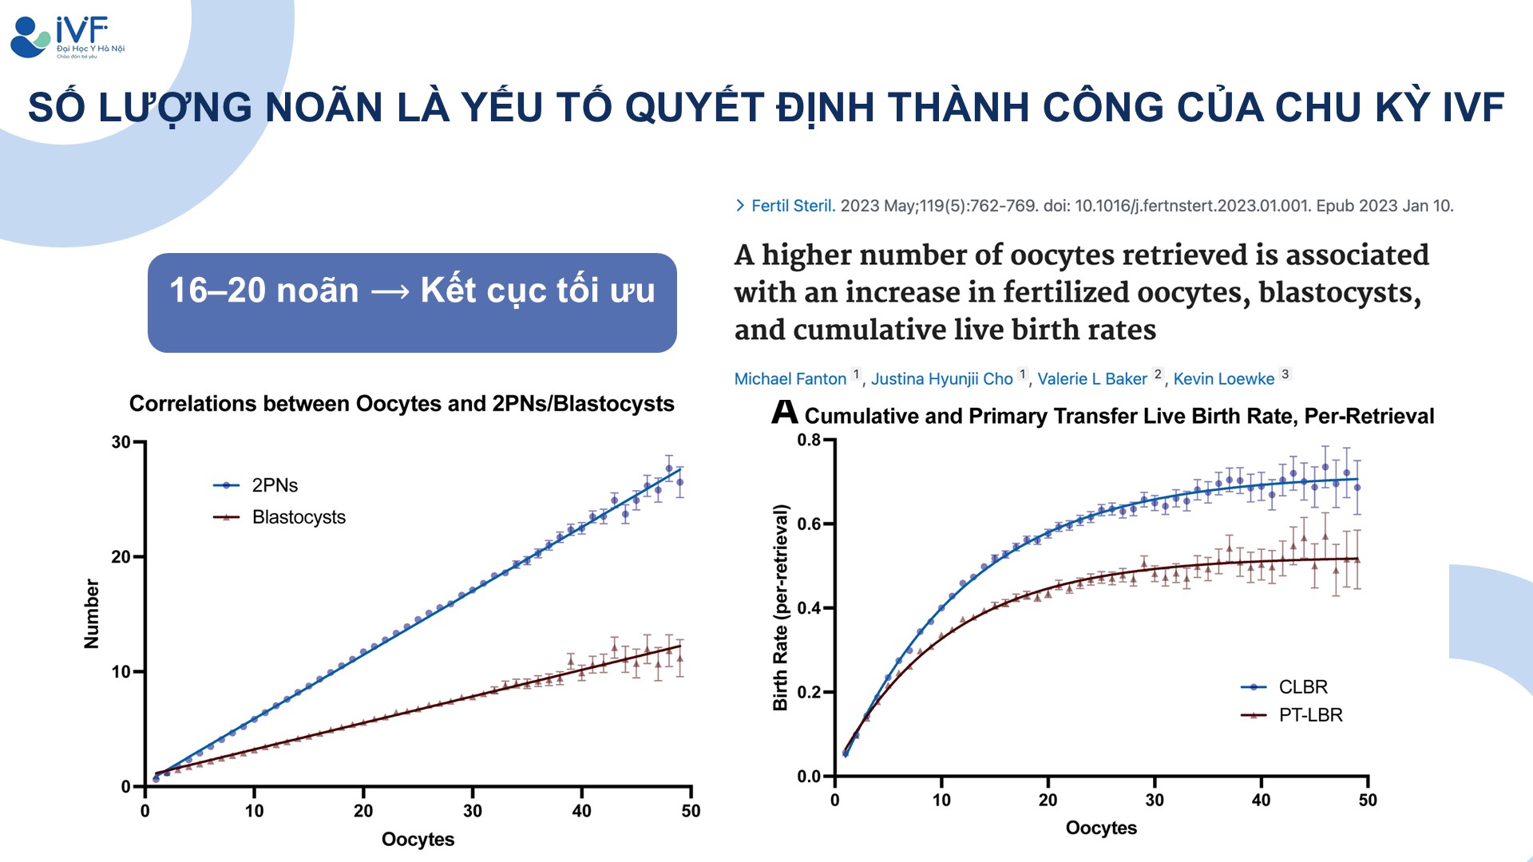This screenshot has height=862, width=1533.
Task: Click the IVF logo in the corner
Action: pyautogui.click(x=67, y=37)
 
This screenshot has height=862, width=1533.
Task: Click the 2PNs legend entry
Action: pyautogui.click(x=274, y=485)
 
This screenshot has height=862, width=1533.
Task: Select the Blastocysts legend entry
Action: pyautogui.click(x=298, y=517)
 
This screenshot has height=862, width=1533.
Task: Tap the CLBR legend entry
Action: pyautogui.click(x=1302, y=687)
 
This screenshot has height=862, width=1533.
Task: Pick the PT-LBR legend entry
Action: pyautogui.click(x=1309, y=715)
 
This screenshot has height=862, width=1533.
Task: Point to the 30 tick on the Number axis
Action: pyautogui.click(x=121, y=442)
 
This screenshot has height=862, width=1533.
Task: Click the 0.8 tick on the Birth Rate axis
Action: pyautogui.click(x=809, y=440)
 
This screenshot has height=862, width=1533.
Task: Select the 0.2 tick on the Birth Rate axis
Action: pyautogui.click(x=809, y=692)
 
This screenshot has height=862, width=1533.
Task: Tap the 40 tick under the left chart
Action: pyautogui.click(x=581, y=811)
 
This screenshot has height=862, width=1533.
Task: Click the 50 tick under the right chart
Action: pyautogui.click(x=1367, y=800)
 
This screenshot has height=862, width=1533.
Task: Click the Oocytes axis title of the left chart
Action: pyautogui.click(x=418, y=840)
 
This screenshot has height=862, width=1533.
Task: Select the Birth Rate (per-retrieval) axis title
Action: pyautogui.click(x=780, y=607)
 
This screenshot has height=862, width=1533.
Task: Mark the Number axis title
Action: pyautogui.click(x=92, y=614)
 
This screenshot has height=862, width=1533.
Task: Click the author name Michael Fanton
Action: pyautogui.click(x=790, y=379)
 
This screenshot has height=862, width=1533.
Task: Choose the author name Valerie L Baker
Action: pyautogui.click(x=1091, y=379)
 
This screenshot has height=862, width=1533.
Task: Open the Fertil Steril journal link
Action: pyautogui.click(x=792, y=206)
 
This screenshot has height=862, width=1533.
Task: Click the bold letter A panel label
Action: pyautogui.click(x=784, y=413)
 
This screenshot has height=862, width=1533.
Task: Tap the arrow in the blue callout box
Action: pyautogui.click(x=390, y=291)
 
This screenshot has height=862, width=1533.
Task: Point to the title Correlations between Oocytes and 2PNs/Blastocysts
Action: pyautogui.click(x=402, y=404)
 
